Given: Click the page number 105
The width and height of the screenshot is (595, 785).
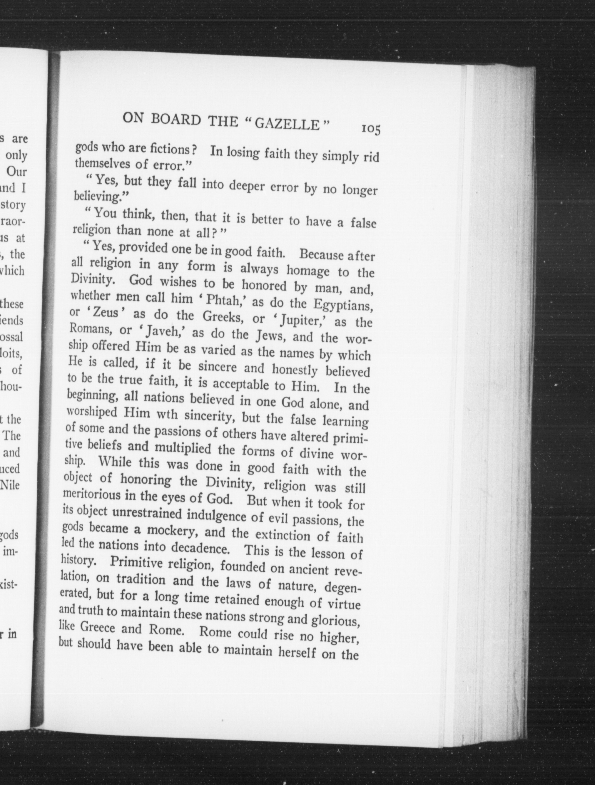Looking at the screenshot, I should click(371, 130).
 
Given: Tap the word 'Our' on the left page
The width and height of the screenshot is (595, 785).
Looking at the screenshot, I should click(17, 172).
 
